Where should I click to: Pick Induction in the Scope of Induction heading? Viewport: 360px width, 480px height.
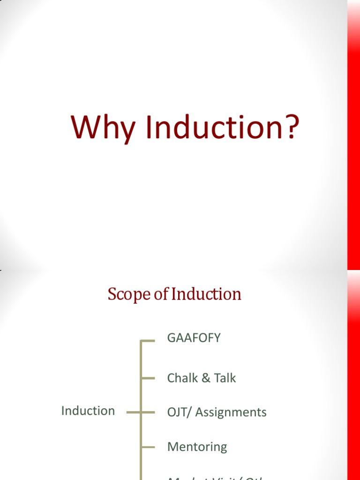(x=206, y=294)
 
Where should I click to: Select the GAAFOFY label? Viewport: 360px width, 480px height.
(x=194, y=338)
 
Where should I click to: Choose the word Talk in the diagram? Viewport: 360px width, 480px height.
(x=225, y=378)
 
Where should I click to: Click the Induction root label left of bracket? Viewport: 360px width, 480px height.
(x=88, y=411)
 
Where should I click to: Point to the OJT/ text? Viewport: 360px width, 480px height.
(x=180, y=412)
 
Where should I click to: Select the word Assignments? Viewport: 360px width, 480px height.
(x=231, y=412)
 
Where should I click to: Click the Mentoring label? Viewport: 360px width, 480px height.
(x=197, y=447)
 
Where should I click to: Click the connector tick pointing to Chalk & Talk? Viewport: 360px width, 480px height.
(x=148, y=378)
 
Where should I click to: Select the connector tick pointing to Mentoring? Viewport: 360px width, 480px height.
(x=148, y=447)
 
